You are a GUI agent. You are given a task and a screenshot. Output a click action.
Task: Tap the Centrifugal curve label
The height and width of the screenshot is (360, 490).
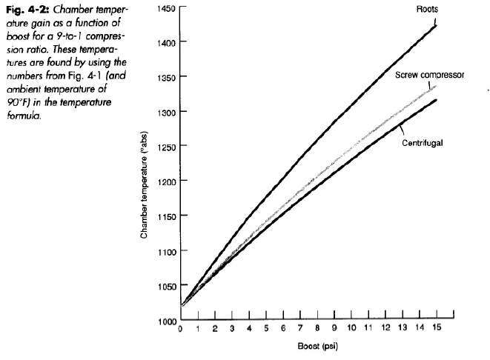(423, 142)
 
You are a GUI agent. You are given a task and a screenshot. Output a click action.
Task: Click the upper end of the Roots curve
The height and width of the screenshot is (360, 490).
(435, 25)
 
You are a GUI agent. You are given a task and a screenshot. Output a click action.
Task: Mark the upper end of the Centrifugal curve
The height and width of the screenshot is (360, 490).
(435, 99)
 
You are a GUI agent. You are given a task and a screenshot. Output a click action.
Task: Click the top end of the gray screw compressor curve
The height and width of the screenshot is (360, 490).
(435, 86)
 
